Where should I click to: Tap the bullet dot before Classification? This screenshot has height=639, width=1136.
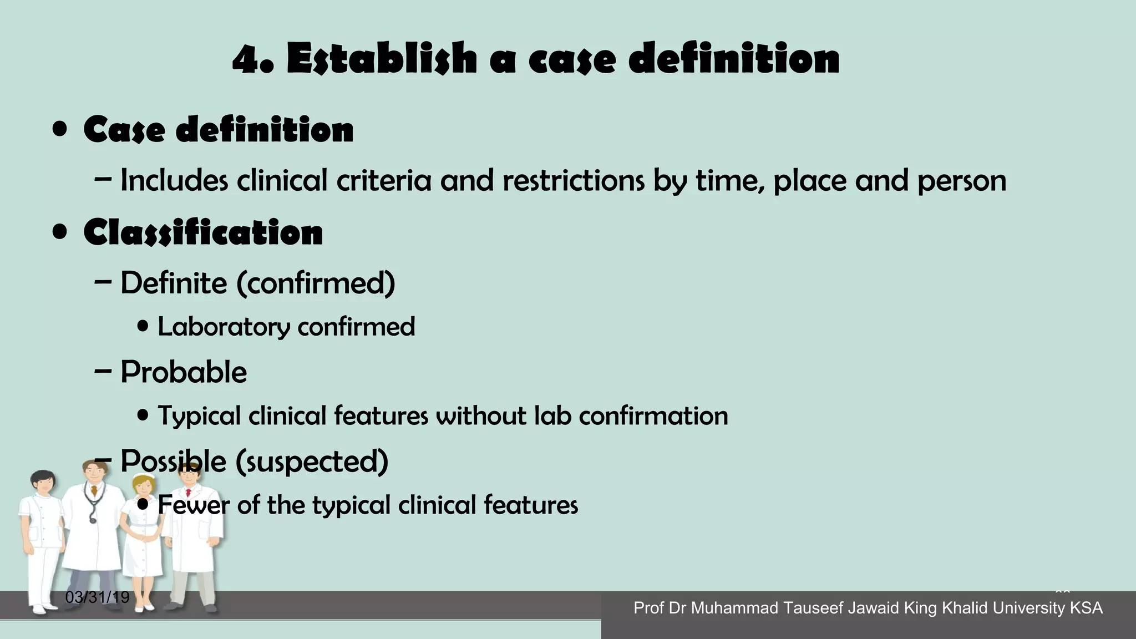[60, 232]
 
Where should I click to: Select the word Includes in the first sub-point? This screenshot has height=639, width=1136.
[174, 180]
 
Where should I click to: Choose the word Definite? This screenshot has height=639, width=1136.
[174, 282]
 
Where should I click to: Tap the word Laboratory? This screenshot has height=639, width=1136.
[224, 327]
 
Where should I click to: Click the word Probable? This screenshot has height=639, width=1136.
[184, 372]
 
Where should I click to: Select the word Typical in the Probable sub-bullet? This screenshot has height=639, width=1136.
[199, 416]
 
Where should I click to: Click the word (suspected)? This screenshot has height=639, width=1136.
[312, 461]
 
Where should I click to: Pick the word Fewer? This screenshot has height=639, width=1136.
[194, 505]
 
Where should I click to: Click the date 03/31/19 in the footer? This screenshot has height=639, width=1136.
[97, 597]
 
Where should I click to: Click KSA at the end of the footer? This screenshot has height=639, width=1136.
[1086, 608]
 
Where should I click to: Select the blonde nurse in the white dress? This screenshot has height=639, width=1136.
[143, 532]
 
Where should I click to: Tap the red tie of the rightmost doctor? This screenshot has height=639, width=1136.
[188, 492]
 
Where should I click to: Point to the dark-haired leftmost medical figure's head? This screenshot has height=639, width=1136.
[43, 483]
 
